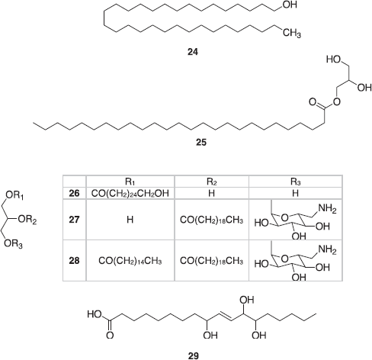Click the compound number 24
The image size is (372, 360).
(193, 52)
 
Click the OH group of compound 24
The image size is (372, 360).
(290, 5)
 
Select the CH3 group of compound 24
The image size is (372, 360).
(292, 34)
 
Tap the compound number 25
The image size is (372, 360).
(201, 142)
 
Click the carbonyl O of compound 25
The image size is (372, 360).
(313, 102)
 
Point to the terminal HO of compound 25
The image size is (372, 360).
(334, 59)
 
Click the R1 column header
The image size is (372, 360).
(130, 182)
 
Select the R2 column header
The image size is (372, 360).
(212, 182)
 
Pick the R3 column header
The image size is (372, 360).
(296, 182)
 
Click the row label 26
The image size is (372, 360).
(74, 194)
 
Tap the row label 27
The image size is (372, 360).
(74, 220)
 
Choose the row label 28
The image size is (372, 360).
(74, 261)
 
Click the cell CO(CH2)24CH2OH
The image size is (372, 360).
(130, 194)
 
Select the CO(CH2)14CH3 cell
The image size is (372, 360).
(130, 261)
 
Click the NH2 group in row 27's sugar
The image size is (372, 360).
(327, 209)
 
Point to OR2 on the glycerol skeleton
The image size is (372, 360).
(27, 220)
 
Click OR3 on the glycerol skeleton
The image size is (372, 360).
(13, 244)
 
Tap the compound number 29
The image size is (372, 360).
(194, 355)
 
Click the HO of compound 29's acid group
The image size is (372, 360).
(95, 314)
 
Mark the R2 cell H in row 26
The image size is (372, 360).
(212, 194)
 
